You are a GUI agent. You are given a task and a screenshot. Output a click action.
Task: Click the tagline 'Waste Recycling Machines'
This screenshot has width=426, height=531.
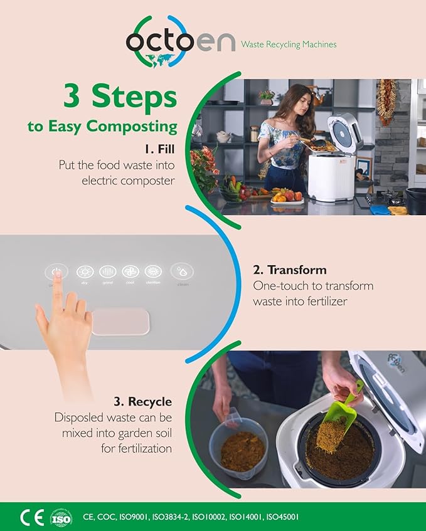[289, 45]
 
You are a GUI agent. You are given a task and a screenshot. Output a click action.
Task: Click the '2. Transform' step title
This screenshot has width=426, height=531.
[289, 270]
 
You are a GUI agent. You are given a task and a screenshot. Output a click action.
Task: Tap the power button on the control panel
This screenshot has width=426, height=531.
[56, 272]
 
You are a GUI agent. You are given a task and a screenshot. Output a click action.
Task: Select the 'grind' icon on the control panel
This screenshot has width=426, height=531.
[107, 272]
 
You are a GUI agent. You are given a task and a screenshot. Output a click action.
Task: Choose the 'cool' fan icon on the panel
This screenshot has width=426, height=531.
[130, 272]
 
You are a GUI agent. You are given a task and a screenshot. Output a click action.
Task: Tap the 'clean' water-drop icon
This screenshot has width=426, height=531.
[182, 272]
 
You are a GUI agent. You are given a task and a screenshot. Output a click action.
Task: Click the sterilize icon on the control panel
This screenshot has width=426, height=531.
[152, 272]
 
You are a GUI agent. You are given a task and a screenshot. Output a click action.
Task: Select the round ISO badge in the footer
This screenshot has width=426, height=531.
[61, 517]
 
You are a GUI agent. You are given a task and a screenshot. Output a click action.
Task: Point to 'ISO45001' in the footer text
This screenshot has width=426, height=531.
[282, 518]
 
